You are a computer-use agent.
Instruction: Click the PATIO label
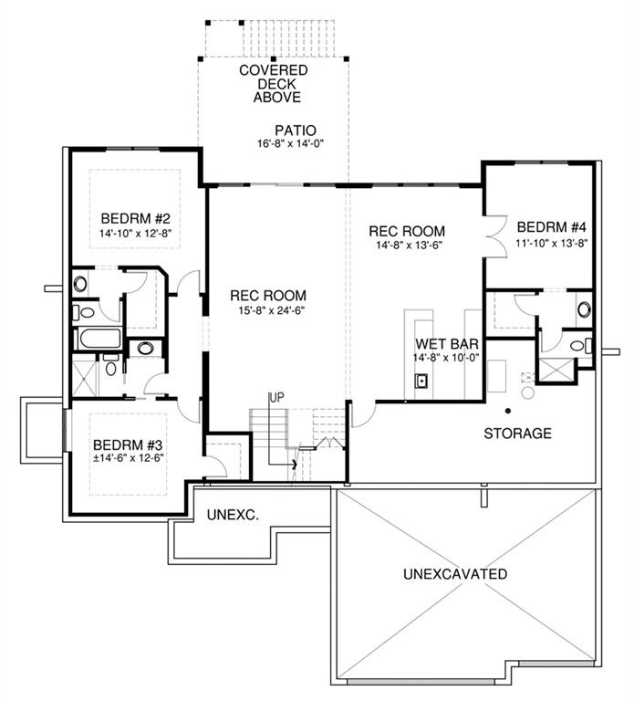pyautogui.click(x=296, y=131)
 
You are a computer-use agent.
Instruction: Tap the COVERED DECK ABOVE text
pyautogui.click(x=274, y=84)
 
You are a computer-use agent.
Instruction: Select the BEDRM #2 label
pyautogui.click(x=135, y=219)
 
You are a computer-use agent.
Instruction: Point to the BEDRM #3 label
pyautogui.click(x=128, y=445)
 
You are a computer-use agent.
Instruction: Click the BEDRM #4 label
pyautogui.click(x=551, y=227)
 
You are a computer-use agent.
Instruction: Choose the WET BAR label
pyautogui.click(x=447, y=344)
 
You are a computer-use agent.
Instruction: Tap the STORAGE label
pyautogui.click(x=518, y=434)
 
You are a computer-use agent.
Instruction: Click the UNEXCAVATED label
pyautogui.click(x=455, y=573)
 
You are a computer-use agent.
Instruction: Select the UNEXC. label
pyautogui.click(x=233, y=515)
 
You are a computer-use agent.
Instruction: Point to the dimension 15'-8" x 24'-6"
pyautogui.click(x=272, y=310)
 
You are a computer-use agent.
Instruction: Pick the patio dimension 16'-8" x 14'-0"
pyautogui.click(x=290, y=144)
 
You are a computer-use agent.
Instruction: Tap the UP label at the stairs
pyautogui.click(x=276, y=397)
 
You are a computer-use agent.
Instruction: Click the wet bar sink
pyautogui.click(x=421, y=381)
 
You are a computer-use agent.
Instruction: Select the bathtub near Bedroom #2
pyautogui.click(x=99, y=339)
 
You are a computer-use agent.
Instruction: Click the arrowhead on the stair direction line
pyautogui.click(x=294, y=464)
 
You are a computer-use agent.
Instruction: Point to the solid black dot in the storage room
pyautogui.click(x=508, y=411)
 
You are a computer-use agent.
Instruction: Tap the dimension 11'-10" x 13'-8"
pyautogui.click(x=551, y=243)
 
